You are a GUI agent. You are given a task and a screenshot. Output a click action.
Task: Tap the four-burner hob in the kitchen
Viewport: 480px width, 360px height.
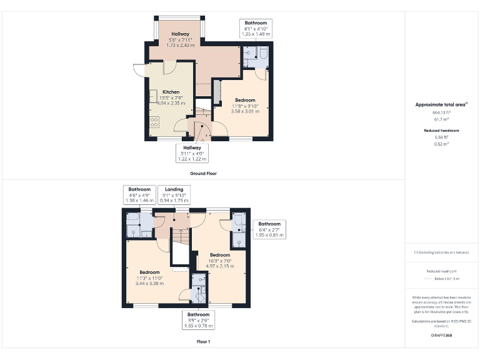point(154,122)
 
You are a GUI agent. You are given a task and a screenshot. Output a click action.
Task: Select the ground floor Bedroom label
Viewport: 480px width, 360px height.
point(244,100)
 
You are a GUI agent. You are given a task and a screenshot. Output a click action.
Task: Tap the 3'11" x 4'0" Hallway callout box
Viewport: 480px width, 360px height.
point(192,152)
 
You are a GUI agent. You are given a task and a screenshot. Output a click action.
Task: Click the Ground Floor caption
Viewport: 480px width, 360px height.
point(203,173)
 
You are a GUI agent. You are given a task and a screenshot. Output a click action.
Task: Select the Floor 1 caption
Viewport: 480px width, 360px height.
point(203,342)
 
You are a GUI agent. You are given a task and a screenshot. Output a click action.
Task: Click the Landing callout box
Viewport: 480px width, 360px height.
point(174,194)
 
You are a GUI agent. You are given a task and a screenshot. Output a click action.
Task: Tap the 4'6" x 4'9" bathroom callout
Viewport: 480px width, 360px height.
point(139,194)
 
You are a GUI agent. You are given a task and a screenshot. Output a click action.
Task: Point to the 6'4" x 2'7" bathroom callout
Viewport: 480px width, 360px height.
point(269,229)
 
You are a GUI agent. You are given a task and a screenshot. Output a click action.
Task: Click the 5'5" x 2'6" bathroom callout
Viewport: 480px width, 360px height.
point(198,319)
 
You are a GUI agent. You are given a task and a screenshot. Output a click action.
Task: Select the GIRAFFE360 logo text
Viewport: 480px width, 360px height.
point(442,336)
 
